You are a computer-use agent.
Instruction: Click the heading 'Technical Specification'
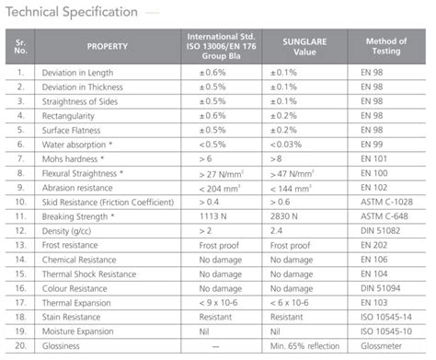[73, 13]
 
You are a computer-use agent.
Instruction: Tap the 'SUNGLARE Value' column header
[304, 44]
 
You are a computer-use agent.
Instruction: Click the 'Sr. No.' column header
[19, 44]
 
